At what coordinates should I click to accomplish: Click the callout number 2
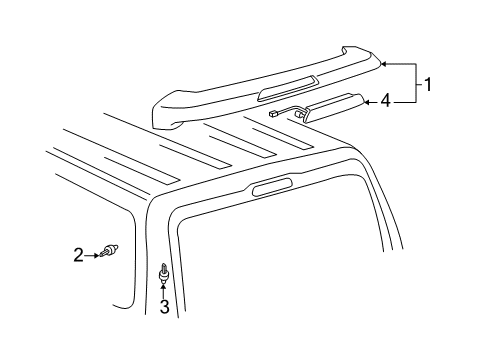point(79,255)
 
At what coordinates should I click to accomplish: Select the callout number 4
point(384,100)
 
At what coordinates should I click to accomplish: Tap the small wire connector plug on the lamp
point(273,114)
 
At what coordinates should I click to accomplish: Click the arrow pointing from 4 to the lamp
point(369,100)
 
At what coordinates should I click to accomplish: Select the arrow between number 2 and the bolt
point(92,254)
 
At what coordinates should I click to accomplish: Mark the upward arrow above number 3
point(165,290)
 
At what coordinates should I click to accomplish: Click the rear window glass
point(280,270)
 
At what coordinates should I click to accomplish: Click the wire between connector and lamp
point(290,107)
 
